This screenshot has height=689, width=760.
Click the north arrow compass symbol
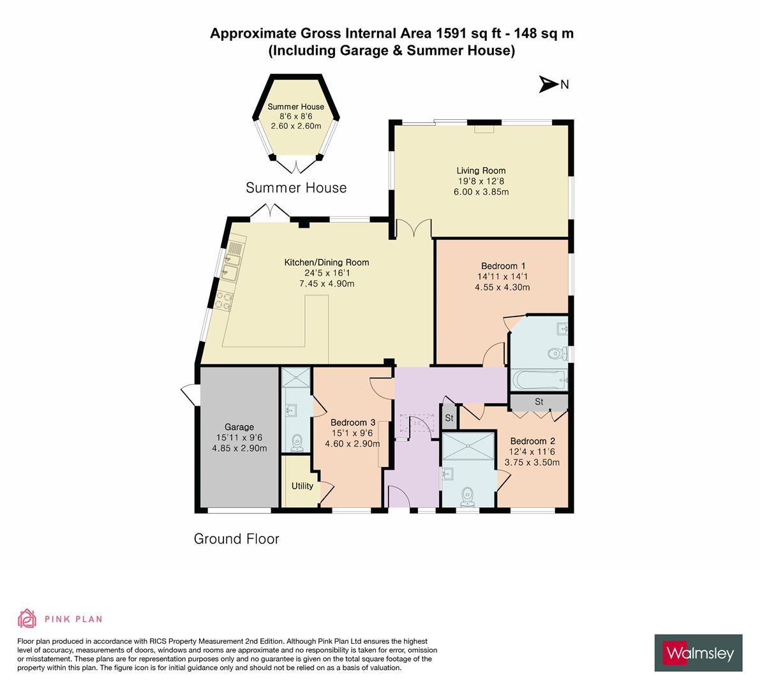tap(548, 84)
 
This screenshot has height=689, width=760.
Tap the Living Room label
tap(481, 170)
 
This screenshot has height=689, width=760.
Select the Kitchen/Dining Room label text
tap(326, 262)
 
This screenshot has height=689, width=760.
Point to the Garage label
tap(239, 427)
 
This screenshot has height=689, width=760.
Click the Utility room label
tap(302, 485)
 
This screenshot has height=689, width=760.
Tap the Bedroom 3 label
tap(352, 422)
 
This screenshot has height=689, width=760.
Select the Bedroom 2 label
tap(532, 441)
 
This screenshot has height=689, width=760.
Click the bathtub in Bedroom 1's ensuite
tap(539, 380)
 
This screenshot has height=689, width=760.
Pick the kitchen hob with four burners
tap(223, 300)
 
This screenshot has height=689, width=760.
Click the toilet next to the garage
tap(296, 441)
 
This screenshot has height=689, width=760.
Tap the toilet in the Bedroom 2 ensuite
tap(468, 494)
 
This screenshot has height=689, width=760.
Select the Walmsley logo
tap(699, 653)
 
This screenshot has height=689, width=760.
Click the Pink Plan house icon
tap(27, 618)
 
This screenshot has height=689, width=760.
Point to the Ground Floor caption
tap(236, 538)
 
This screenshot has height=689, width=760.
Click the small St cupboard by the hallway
tap(449, 419)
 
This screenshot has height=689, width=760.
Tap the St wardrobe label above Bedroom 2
tap(539, 402)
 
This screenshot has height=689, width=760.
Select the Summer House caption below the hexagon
tap(296, 188)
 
